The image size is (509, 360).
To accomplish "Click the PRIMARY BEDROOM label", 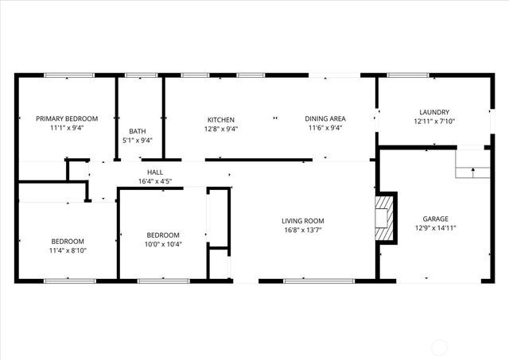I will pos(66,118).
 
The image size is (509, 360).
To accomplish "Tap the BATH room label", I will pos(137,131).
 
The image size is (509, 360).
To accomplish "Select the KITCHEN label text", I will pos(220,119).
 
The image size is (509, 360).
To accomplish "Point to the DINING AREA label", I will pos(324,119).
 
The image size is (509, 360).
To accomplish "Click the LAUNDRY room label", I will pos(434,112).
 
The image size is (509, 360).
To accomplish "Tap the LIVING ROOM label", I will pos(302,221).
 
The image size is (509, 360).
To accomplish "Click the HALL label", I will pos(155,172).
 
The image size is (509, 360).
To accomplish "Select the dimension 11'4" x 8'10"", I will pos(69,251).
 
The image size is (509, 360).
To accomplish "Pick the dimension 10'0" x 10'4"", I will pos(163,245).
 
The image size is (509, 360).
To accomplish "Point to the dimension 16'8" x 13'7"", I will pos(302,230).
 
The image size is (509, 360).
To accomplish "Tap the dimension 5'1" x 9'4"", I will pos(137,141).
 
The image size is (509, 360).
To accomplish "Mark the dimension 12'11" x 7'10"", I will pos(434,122).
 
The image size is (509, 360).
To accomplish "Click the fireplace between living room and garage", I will pos(385,217).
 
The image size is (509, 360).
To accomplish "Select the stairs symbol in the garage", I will pos(470,165).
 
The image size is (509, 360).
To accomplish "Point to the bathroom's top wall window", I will pos(141,75).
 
